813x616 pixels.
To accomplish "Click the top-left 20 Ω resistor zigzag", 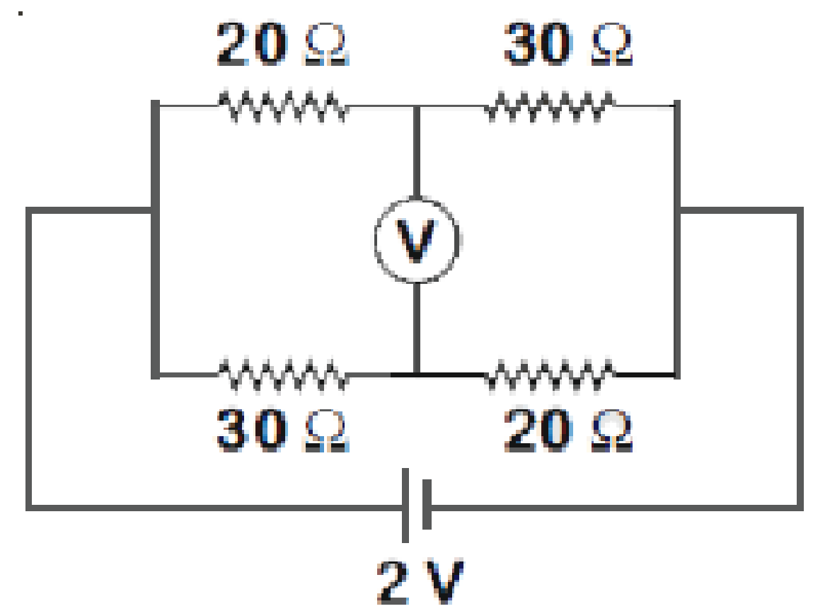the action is click(282, 106).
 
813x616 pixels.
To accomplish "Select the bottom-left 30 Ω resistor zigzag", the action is click(282, 374).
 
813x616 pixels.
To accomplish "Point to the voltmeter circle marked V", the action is click(417, 240).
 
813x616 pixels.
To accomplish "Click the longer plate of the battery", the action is click(405, 506).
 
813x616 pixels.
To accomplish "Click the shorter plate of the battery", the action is click(427, 504).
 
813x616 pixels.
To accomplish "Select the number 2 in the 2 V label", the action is click(393, 581).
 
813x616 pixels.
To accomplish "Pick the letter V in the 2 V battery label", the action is click(445, 581).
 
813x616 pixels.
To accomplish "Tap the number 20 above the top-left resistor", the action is click(252, 44).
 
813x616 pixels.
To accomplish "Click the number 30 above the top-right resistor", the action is click(538, 44).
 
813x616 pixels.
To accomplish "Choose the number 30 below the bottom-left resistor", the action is click(252, 430).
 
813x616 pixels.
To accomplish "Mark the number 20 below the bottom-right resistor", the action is click(538, 430).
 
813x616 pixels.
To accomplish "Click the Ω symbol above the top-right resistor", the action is click(612, 44).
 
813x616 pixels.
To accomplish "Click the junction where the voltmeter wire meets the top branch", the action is click(416, 106).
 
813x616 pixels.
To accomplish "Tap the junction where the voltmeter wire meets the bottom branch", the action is click(416, 374).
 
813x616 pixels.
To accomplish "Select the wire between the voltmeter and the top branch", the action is click(416, 152).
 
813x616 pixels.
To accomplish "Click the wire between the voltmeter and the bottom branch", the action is click(416, 328).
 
